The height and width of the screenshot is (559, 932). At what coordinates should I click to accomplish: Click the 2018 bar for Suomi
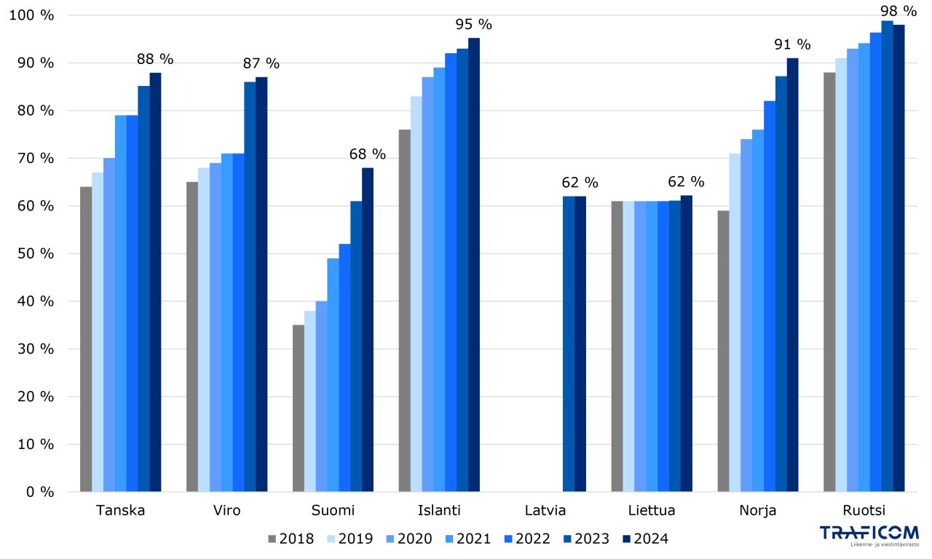(299, 408)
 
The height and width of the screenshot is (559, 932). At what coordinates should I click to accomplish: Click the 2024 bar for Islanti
(474, 265)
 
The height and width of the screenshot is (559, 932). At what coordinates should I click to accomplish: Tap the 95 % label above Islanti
(474, 24)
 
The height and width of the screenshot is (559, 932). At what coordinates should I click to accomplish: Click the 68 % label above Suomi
(368, 154)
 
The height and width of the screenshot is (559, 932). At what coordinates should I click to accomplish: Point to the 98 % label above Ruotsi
(899, 11)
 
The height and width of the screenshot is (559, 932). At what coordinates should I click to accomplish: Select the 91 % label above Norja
(793, 44)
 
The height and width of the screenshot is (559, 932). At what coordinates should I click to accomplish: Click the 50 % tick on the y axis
(36, 254)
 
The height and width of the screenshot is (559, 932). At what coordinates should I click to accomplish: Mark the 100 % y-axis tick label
(33, 15)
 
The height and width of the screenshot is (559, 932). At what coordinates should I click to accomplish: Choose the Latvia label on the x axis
(545, 510)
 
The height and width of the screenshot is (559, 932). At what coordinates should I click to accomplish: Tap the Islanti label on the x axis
(439, 510)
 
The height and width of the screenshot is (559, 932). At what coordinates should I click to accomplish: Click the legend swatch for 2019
(332, 539)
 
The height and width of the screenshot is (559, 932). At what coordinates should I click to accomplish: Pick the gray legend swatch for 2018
(273, 539)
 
